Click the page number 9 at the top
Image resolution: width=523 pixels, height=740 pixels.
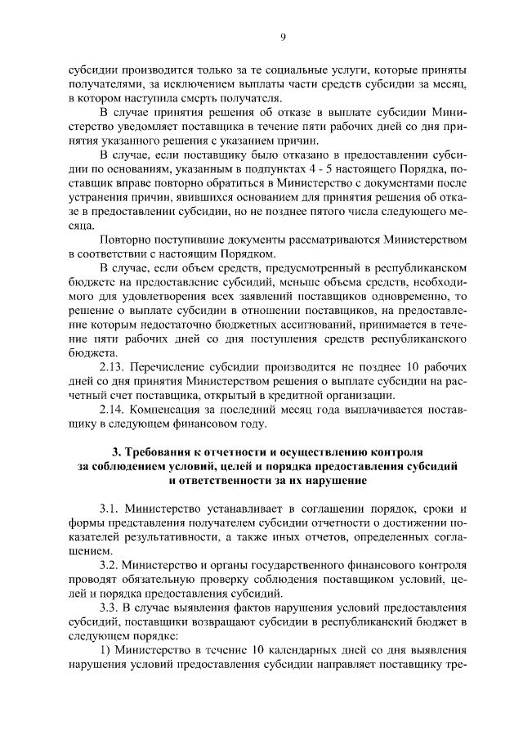tap(282, 36)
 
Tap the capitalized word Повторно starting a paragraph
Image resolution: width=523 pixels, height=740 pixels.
tap(127, 240)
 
